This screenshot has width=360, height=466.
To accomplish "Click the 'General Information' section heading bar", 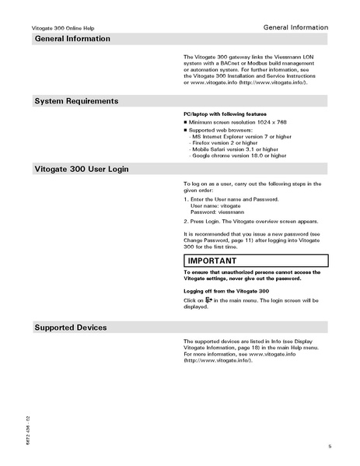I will (x=72, y=39).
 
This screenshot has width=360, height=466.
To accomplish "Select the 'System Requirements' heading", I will (x=76, y=101).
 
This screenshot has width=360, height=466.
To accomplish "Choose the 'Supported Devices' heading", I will (x=71, y=328).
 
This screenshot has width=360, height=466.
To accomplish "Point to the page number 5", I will (x=330, y=445).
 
